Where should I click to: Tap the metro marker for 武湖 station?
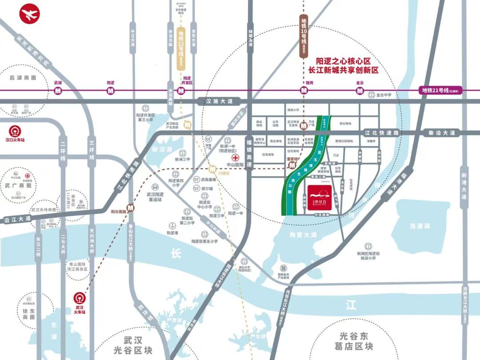point(58,91)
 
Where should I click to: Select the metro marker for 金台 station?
point(360,91)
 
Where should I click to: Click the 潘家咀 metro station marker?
point(292,166)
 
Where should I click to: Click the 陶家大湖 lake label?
point(302,234)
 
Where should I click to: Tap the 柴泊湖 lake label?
point(162,149)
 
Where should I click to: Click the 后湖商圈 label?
point(22,77)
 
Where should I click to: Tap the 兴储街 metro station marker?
point(213,169)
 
